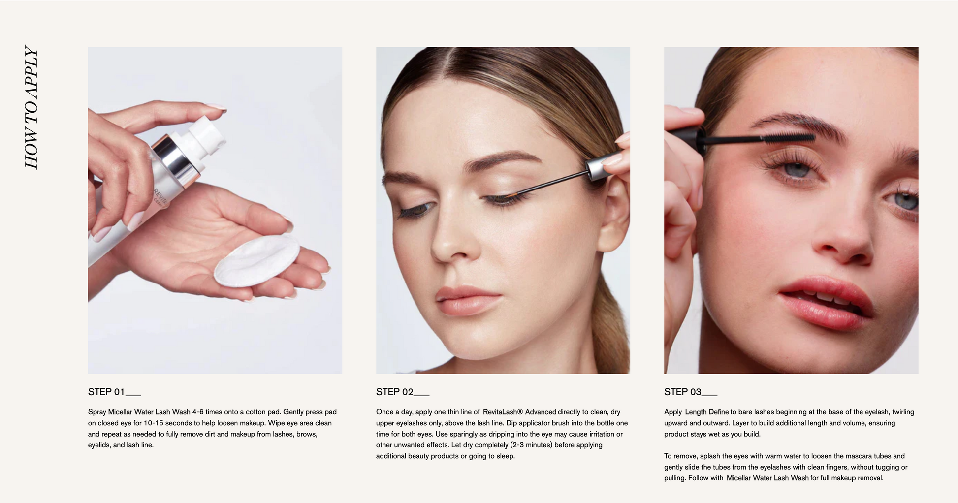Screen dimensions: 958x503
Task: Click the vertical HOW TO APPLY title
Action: [x=32, y=107]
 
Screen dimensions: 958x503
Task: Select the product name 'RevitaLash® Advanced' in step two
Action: [x=519, y=412]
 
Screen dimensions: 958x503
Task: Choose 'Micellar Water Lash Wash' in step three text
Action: [x=767, y=478]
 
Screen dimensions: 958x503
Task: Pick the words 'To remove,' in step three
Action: [x=681, y=456]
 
